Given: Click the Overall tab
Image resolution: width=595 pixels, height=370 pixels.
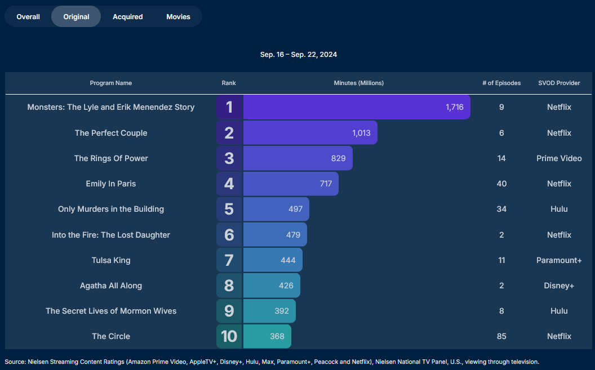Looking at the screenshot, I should tap(28, 17).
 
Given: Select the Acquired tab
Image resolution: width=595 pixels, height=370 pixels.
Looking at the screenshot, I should tap(128, 17).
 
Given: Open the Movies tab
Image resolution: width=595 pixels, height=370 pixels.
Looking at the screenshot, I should tap(178, 17).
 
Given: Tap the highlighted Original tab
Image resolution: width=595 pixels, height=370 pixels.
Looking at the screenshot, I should tap(77, 17).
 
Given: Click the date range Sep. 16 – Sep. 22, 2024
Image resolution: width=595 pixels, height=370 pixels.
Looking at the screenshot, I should tap(299, 55).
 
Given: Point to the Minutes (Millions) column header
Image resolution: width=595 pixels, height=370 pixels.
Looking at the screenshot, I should tap(359, 83).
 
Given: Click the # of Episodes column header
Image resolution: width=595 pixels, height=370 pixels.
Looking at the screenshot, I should tap(501, 83).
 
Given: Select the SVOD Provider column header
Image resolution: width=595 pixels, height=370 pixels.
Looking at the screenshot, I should tap(559, 83).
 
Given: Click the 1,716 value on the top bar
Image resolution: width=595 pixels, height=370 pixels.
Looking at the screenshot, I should tap(454, 107).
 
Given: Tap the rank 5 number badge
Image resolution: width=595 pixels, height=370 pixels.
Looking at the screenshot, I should tap(229, 209).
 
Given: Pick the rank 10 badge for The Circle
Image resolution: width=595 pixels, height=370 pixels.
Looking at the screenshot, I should tap(229, 336).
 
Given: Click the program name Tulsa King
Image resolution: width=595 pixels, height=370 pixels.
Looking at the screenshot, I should tap(111, 260).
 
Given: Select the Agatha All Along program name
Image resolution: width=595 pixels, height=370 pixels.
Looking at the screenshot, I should tap(111, 286).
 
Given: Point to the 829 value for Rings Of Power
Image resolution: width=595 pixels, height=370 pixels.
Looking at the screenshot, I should tap(338, 158).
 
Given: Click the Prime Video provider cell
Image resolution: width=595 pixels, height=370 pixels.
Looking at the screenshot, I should tap(559, 158).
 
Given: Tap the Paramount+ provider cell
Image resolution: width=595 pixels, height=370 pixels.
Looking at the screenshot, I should tap(559, 260).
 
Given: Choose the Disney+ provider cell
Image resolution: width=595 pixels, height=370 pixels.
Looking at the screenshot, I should tap(559, 286).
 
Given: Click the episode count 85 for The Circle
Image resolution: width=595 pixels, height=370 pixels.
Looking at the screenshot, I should tap(501, 336).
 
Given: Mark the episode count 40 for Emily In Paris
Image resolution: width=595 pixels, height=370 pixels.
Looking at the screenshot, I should tap(501, 184).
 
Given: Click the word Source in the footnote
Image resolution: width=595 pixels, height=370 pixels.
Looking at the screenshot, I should tap(15, 362).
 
